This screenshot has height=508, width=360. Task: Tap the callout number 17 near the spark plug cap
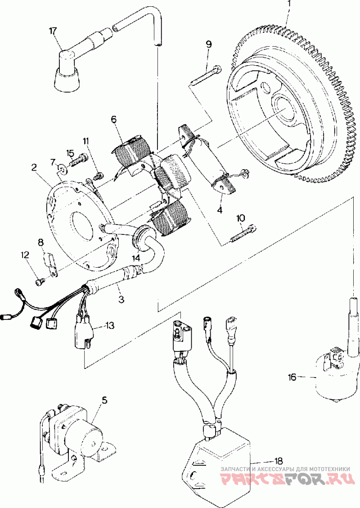pos(53,31)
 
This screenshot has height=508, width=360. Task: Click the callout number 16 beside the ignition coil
pos(292,377)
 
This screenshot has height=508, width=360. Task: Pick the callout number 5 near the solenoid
pos(104,400)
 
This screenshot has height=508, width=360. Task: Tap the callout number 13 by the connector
pos(110,324)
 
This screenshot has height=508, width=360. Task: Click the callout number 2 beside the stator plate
pos(34,167)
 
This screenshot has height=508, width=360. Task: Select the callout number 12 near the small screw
pos(24,255)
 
